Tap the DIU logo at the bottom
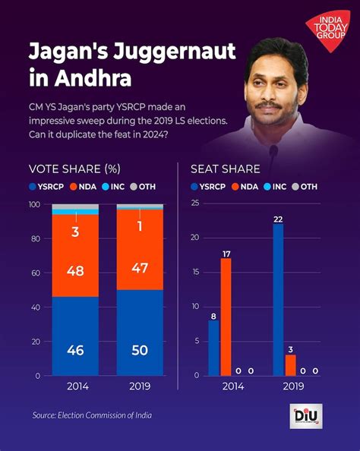tap(306, 417)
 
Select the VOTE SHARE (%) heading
tap(74, 169)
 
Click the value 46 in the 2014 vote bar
tap(74, 351)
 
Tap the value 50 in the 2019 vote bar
tap(139, 351)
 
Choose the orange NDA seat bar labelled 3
tap(290, 365)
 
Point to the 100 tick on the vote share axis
tap(33, 205)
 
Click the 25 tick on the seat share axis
tap(195, 203)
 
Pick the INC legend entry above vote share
tap(112, 186)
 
